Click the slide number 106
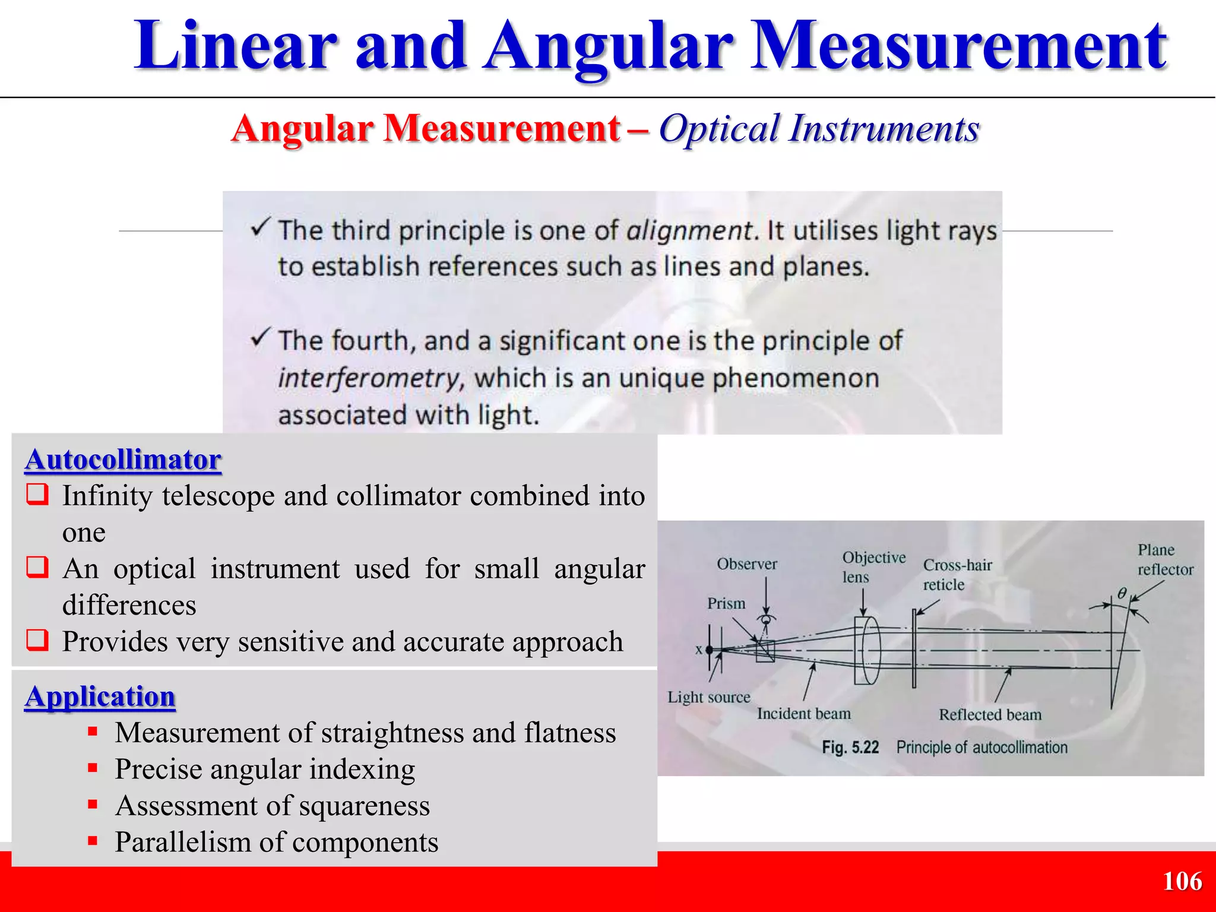[x=1182, y=881]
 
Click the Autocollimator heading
[x=123, y=460]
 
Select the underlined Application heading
[x=100, y=696]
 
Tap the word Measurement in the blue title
[x=958, y=46]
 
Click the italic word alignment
[x=689, y=230]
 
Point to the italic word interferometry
[x=368, y=378]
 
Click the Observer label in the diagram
[x=746, y=564]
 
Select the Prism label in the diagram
[x=726, y=603]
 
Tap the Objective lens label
[x=873, y=566]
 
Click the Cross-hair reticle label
[x=957, y=574]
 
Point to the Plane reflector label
[x=1164, y=559]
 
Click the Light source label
[x=708, y=697]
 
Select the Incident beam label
[x=803, y=714]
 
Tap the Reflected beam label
[x=990, y=714]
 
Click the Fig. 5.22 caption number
[x=850, y=747]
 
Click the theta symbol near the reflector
[x=1122, y=593]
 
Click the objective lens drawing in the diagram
[x=867, y=651]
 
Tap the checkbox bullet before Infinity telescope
[x=37, y=495]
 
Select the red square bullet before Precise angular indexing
[x=93, y=768]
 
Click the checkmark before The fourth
[x=261, y=337]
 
